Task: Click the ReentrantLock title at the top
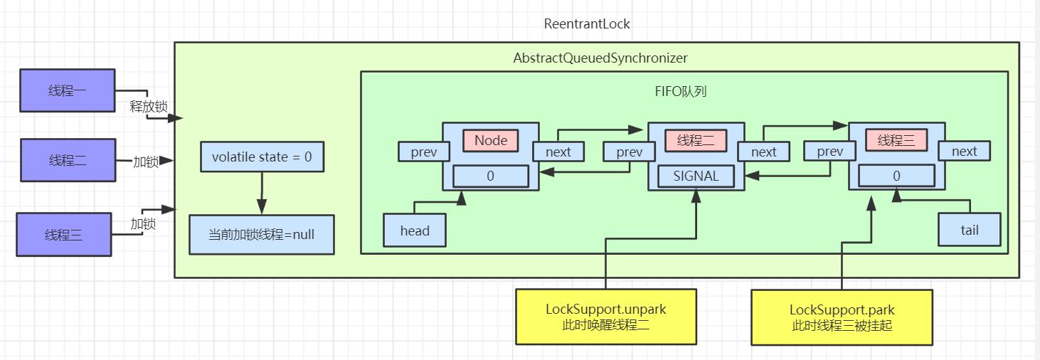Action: point(587,23)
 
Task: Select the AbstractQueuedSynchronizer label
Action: point(600,58)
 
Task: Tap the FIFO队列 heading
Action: point(681,92)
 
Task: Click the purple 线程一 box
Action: point(68,90)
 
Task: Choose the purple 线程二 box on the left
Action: point(68,161)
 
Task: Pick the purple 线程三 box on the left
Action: point(64,234)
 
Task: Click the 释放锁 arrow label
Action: point(149,107)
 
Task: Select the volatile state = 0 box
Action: point(262,157)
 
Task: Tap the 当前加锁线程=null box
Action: point(261,234)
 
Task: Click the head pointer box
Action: point(415,231)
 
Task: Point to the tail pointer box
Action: point(969,230)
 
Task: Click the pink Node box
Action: point(491,140)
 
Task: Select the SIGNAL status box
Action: point(696,176)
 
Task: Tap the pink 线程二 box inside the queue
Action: point(695,141)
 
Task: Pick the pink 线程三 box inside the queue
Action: point(896,141)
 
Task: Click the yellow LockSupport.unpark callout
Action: point(606,317)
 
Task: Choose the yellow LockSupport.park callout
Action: point(842,317)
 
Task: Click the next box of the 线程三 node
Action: point(964,151)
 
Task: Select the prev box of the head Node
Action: point(424,152)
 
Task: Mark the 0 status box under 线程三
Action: point(896,176)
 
